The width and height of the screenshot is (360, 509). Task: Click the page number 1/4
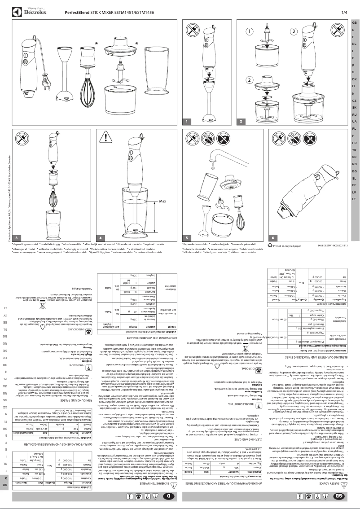[344, 13]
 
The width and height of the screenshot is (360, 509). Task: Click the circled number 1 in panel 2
[250, 31]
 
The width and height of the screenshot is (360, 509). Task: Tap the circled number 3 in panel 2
[294, 31]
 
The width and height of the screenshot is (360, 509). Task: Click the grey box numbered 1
[189, 122]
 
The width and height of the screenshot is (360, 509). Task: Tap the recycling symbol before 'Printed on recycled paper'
[269, 245]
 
